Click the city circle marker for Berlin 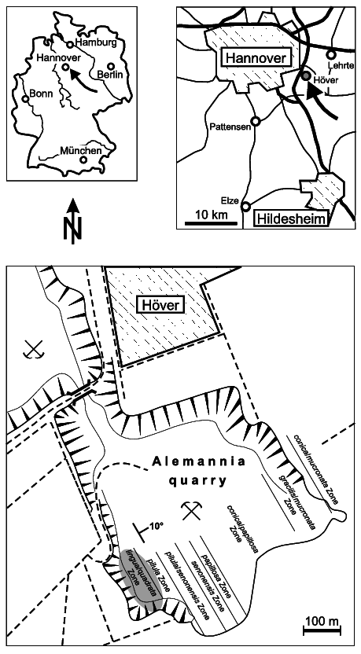pos(112,66)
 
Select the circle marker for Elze pos(246,207)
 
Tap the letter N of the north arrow pos(72,233)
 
